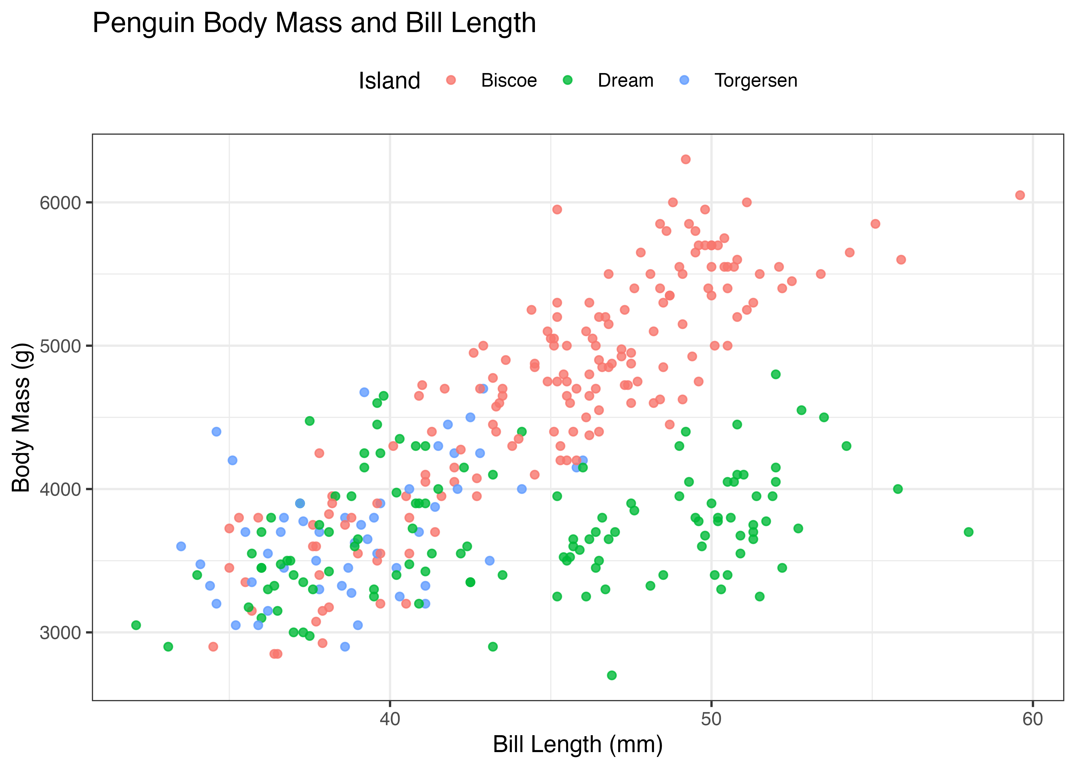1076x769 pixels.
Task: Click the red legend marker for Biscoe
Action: [451, 80]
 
